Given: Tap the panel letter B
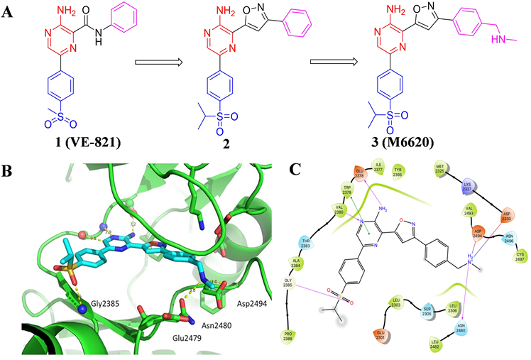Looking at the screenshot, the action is coord(6,170).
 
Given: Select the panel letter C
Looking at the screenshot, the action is coord(298,170).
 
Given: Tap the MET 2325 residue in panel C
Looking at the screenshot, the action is coord(442,169).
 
